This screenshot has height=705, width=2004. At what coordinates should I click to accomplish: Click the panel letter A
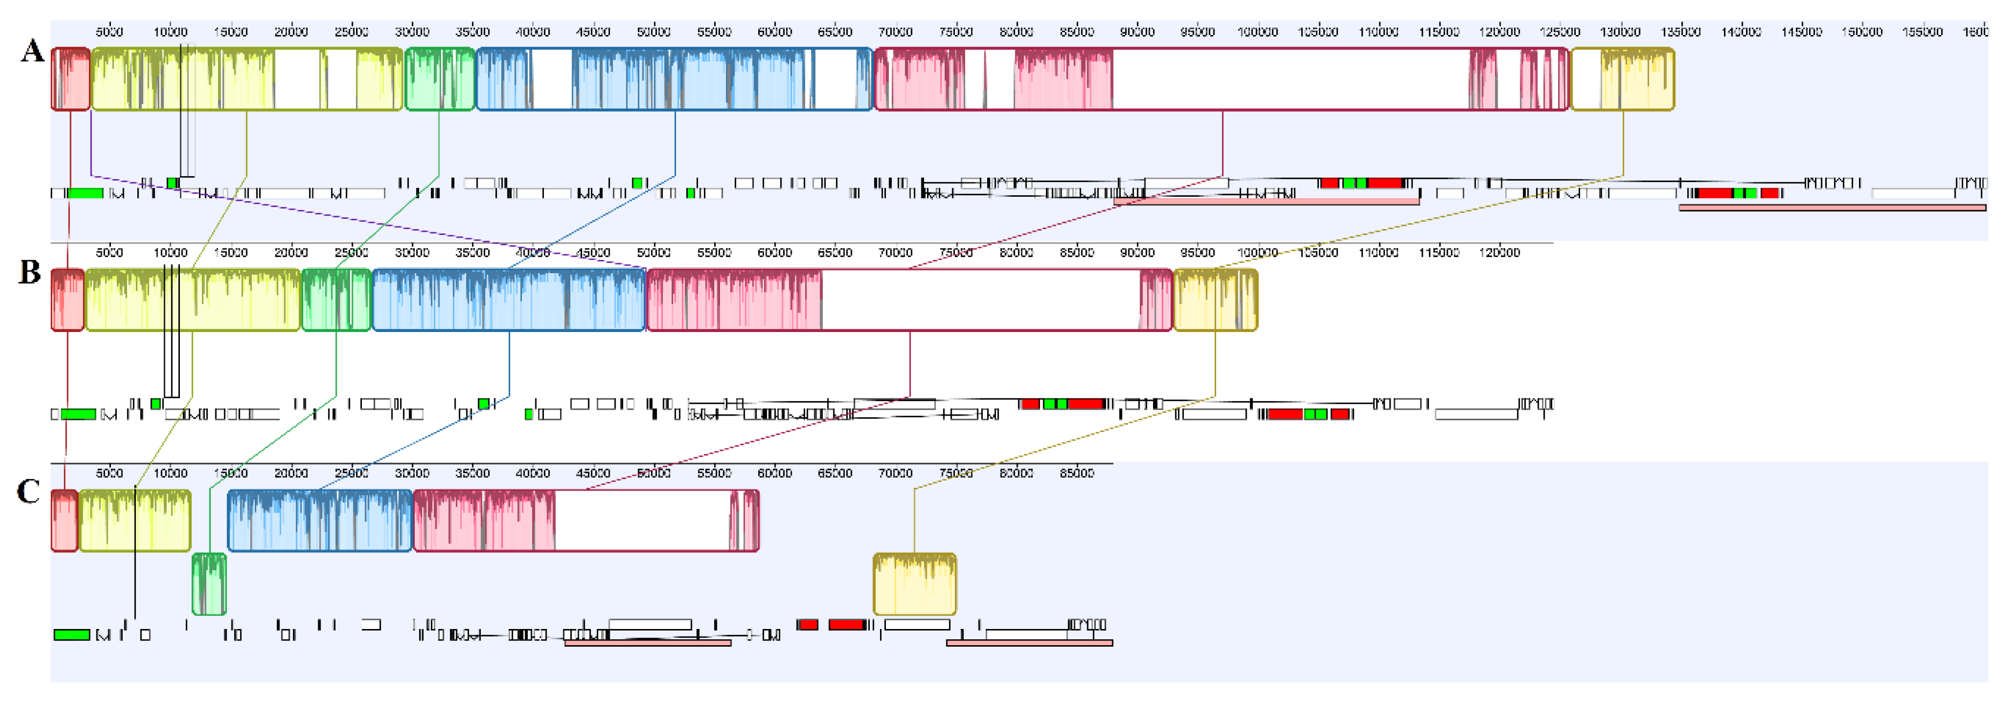(x=32, y=51)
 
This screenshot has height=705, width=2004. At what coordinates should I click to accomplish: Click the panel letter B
(x=30, y=272)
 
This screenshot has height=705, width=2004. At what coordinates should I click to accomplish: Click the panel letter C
(x=28, y=492)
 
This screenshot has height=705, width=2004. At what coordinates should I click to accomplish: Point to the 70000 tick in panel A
(x=895, y=32)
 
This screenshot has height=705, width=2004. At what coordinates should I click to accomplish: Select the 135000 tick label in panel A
(x=1680, y=32)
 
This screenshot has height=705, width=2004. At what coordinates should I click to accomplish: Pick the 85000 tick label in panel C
(x=1077, y=473)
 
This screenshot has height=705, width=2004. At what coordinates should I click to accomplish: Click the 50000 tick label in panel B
(x=653, y=252)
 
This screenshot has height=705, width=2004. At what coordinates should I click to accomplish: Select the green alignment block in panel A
(x=439, y=79)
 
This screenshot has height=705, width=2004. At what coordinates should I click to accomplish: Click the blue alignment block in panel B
(x=509, y=300)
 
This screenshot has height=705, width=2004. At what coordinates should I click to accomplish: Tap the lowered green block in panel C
(x=210, y=584)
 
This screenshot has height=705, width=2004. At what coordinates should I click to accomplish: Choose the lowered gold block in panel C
(x=914, y=584)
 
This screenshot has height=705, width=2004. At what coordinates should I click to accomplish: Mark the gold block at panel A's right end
(x=1622, y=79)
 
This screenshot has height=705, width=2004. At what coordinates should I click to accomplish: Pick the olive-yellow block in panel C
(x=135, y=521)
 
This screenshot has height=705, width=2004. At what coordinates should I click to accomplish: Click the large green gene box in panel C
(x=72, y=635)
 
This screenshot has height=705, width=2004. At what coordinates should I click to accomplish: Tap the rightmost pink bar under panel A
(x=1832, y=208)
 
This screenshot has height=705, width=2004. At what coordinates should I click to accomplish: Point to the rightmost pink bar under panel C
(x=1029, y=643)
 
